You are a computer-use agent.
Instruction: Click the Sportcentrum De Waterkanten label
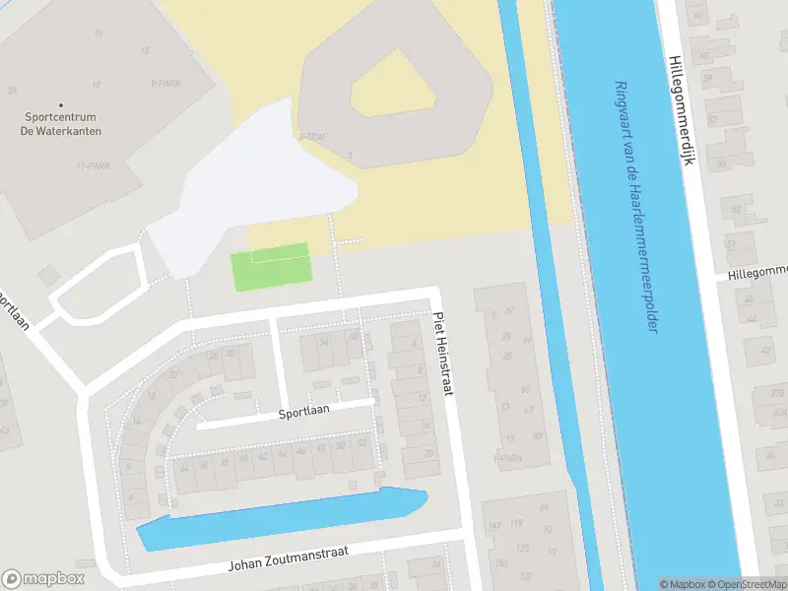click(x=63, y=124)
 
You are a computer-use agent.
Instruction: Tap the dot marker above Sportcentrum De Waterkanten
click(x=61, y=105)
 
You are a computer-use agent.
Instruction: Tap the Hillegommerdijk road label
click(x=681, y=109)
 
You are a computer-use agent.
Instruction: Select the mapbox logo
click(x=43, y=579)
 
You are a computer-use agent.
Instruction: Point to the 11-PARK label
click(x=93, y=166)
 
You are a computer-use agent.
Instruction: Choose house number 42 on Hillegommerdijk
click(x=764, y=350)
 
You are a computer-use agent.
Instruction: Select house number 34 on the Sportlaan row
click(x=184, y=467)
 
